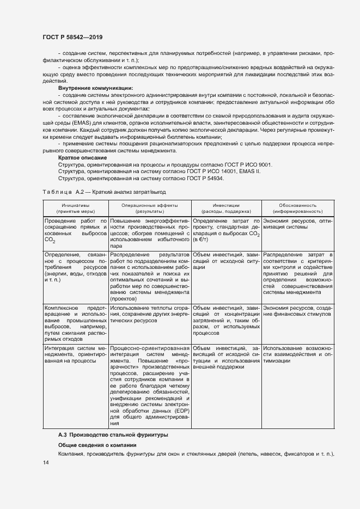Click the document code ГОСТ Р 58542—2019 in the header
[72, 38]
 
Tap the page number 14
[45, 462]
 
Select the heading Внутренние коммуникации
[95, 88]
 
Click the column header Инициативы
[75, 205]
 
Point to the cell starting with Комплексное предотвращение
[75, 322]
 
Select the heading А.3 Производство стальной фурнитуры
[113, 435]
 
